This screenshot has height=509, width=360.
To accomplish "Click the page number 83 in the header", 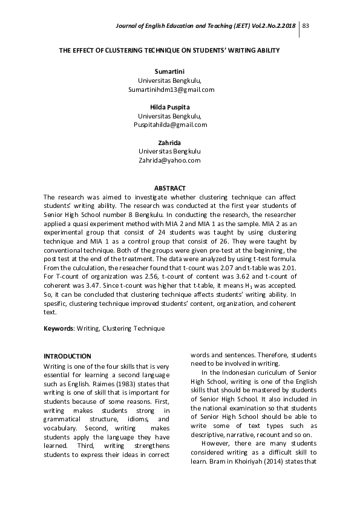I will pos(306,25).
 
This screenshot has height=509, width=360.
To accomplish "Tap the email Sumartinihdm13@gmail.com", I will pos(171,89).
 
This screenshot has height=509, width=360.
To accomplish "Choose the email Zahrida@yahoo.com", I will pos(169,160).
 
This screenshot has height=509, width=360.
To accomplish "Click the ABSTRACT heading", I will pos(169,189).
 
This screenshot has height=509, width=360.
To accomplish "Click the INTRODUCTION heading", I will pos(68,356).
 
